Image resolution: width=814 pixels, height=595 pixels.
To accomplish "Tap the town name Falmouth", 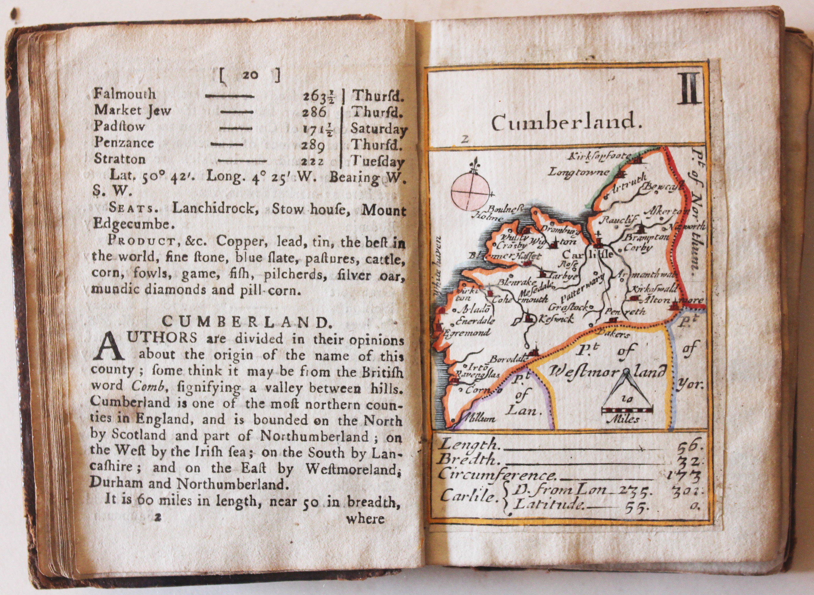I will pyautogui.click(x=124, y=94).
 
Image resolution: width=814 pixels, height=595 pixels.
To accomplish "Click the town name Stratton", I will pyautogui.click(x=120, y=159).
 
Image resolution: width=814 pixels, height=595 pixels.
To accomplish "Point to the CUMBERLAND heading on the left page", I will pyautogui.click(x=246, y=322).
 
